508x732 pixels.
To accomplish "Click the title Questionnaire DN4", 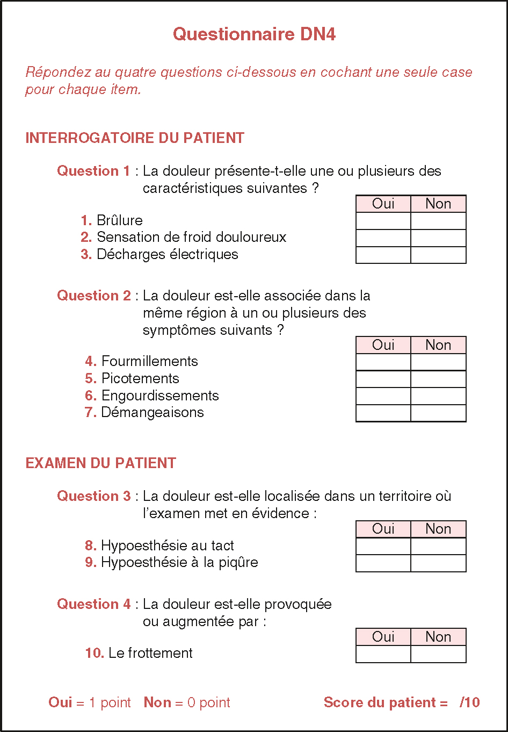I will [x=254, y=34].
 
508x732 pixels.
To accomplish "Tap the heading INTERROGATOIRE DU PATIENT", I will [x=135, y=138].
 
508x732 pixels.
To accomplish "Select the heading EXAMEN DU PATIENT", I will [x=100, y=463].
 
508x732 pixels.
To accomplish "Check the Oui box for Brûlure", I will [x=383, y=221].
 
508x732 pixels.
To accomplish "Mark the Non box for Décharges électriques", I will [x=438, y=255].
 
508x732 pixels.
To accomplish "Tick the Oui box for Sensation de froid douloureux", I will [x=383, y=238].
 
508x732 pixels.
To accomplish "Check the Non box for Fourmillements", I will [x=438, y=362].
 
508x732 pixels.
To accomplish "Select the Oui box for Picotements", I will [x=383, y=379].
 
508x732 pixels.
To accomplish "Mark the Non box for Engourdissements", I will [x=438, y=396].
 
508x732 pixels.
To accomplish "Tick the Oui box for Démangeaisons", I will [x=383, y=413].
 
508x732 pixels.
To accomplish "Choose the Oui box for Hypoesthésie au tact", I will [x=383, y=546].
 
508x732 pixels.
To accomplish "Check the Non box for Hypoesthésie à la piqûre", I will [x=438, y=563].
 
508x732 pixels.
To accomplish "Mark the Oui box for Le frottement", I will [x=383, y=654].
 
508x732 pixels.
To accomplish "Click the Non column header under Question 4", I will [x=438, y=637].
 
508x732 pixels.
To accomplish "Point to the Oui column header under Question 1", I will [x=383, y=204].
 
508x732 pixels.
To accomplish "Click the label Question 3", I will [x=94, y=496].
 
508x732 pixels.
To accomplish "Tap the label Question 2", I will [x=94, y=296].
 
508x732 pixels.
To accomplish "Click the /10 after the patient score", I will [x=470, y=702].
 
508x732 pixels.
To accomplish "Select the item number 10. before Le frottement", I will [x=95, y=653].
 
